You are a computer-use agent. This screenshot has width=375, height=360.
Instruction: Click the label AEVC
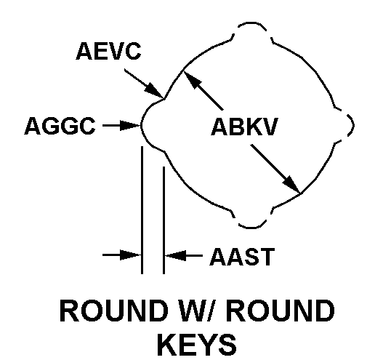coord(108,51)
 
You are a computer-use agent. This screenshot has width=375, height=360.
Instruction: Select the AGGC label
coord(60,126)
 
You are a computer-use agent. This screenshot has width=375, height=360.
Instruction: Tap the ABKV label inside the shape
coord(245,127)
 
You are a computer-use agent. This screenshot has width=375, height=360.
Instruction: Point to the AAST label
coord(242,257)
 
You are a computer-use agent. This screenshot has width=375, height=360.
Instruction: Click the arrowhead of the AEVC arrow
coord(154,91)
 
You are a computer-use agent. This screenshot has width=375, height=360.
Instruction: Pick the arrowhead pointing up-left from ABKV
coord(193,80)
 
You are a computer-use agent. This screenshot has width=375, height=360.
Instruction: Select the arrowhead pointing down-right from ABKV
coord(291,185)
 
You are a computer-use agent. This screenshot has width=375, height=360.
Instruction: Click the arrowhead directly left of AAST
coord(175,255)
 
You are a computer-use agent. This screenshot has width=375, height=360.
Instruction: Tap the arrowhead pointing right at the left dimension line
coord(131,255)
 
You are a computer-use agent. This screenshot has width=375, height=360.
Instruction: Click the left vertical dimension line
coord(142,210)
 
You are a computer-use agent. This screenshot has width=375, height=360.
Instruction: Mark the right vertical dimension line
coord(164,220)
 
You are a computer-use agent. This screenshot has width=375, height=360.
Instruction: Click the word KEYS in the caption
coord(197,345)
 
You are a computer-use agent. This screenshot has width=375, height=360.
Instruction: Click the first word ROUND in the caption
coord(114,311)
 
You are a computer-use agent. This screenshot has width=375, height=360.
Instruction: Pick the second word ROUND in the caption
coord(281,311)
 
